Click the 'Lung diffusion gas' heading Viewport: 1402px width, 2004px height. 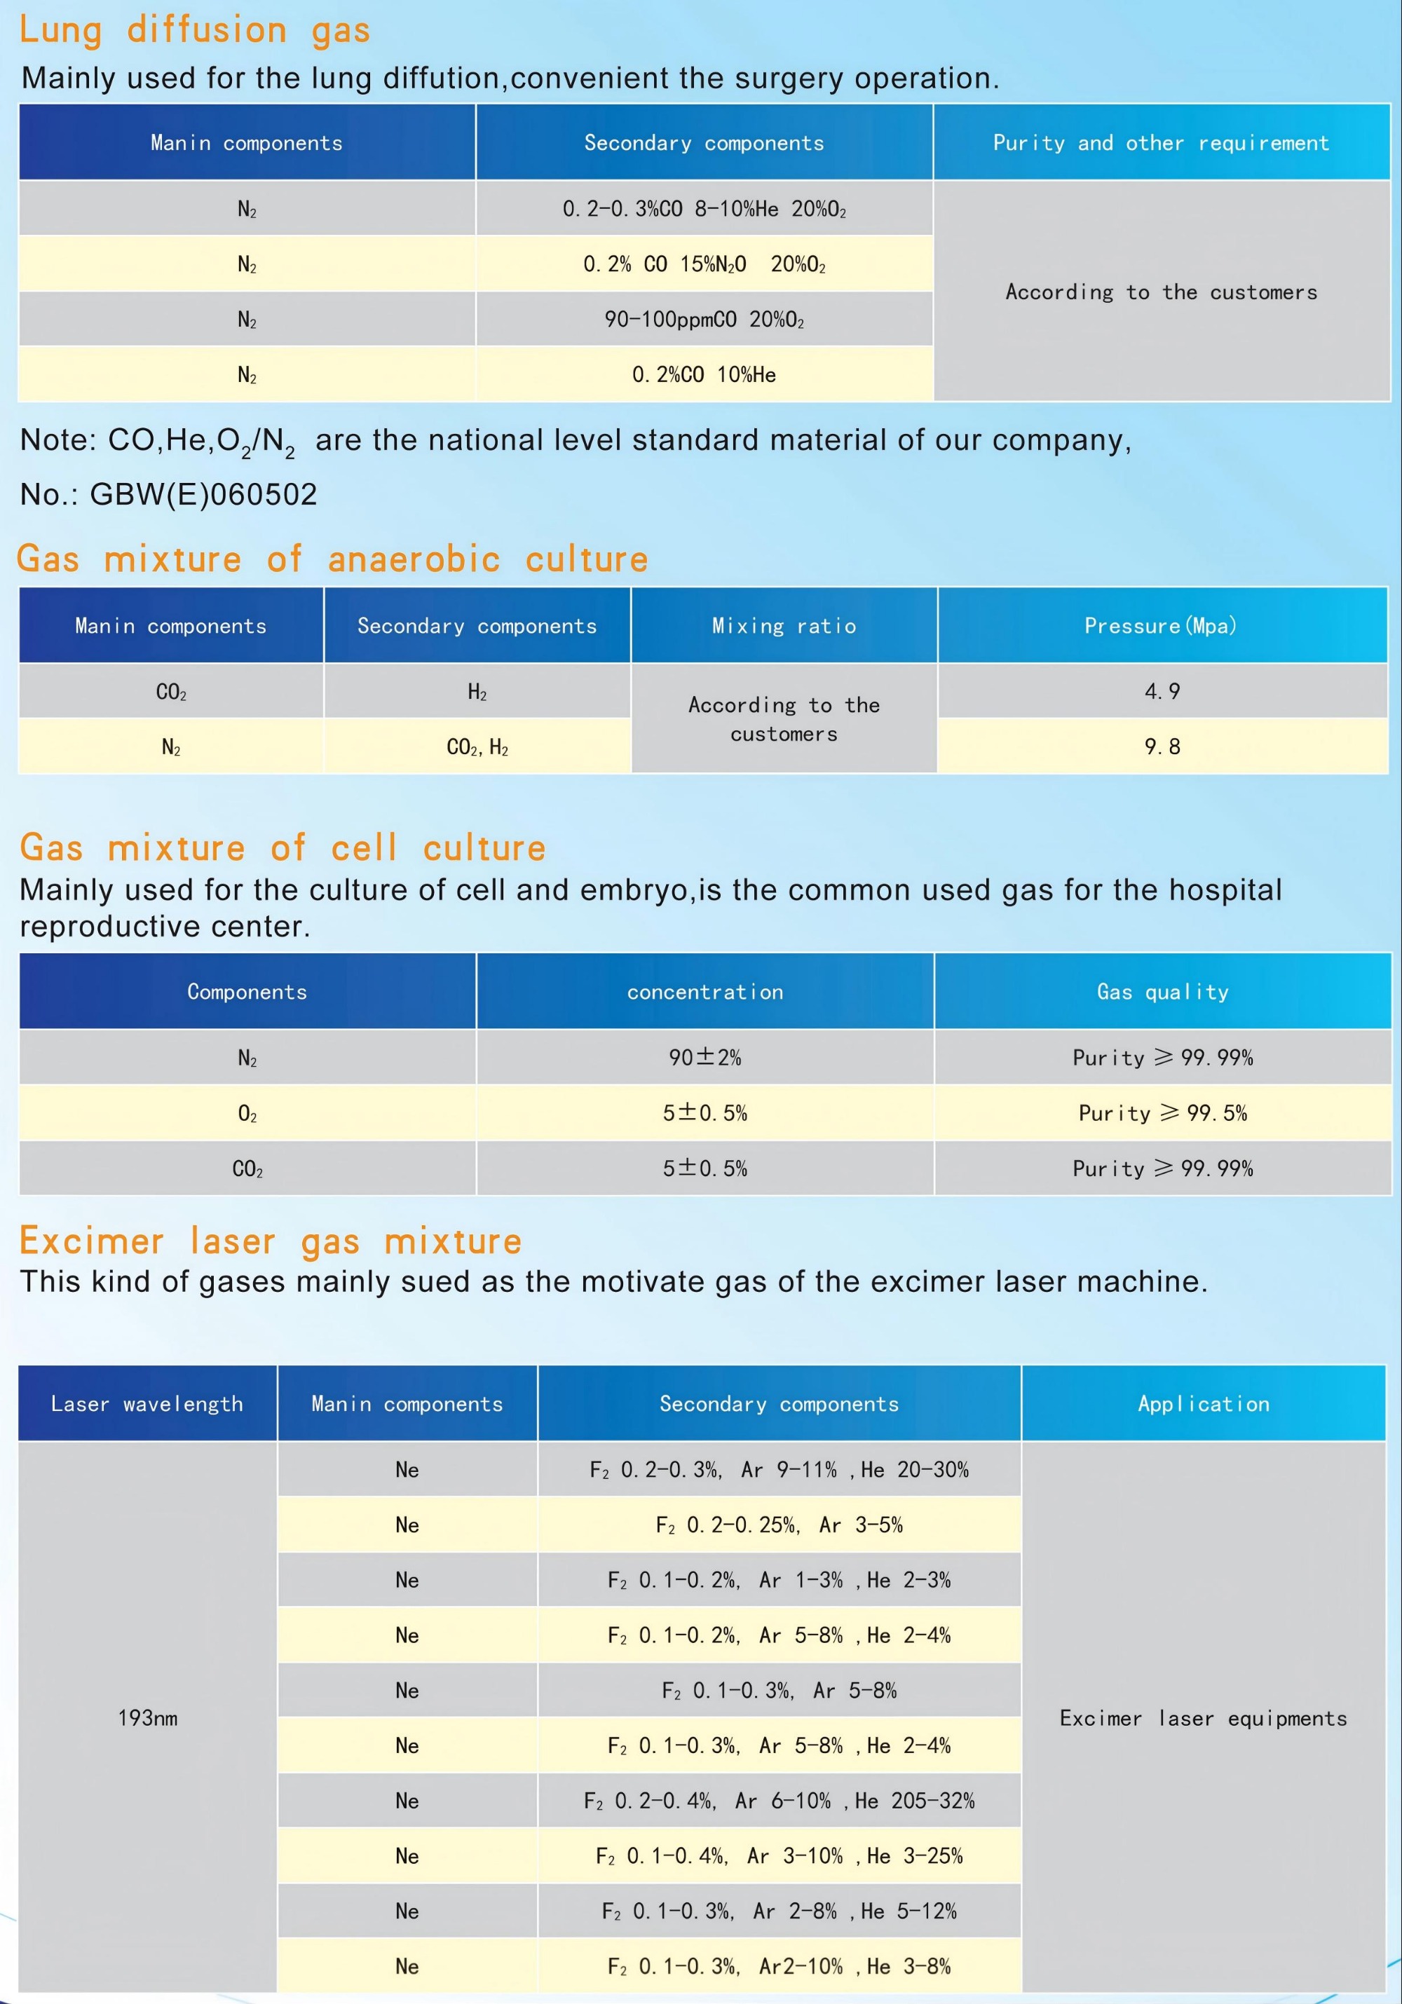(x=195, y=31)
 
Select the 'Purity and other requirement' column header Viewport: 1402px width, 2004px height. (x=1161, y=143)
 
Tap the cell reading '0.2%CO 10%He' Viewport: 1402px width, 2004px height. (x=704, y=375)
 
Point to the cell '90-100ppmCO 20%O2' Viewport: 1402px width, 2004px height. (x=704, y=320)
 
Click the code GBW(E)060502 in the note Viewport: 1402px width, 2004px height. (x=203, y=495)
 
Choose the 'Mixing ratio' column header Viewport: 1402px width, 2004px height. (x=784, y=626)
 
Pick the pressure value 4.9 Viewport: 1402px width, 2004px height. (x=1162, y=691)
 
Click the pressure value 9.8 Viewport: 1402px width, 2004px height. (x=1162, y=747)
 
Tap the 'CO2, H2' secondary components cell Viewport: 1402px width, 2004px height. (x=477, y=747)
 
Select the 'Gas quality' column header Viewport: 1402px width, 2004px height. (x=1162, y=992)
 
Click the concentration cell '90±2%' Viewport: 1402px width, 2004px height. (x=705, y=1058)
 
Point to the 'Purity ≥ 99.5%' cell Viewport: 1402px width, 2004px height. (x=1162, y=1113)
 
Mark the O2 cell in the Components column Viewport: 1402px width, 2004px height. (x=247, y=1114)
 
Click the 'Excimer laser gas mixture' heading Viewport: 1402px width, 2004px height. (x=271, y=1241)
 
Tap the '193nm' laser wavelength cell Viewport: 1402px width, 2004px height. (x=147, y=1718)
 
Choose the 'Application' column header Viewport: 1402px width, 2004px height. (x=1203, y=1403)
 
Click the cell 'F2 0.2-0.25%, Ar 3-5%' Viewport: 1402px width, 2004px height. (x=779, y=1525)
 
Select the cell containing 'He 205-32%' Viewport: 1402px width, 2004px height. (x=779, y=1801)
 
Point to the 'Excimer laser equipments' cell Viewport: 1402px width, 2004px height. (x=1203, y=1718)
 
